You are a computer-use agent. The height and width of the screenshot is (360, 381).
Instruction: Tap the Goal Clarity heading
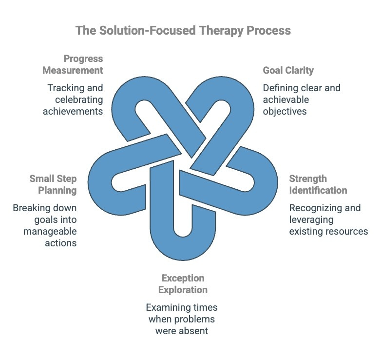coord(288,70)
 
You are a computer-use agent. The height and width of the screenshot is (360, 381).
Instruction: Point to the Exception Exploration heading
coord(184,284)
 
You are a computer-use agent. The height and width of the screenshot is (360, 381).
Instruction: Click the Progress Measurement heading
coord(73,64)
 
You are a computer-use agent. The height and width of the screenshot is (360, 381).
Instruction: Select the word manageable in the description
coord(50,231)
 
